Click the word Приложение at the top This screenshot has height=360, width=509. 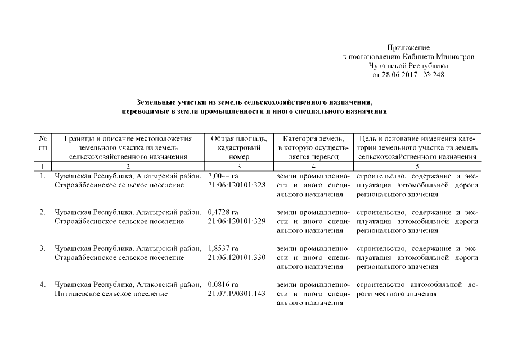tap(408, 48)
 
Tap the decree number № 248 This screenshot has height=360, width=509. tap(433, 75)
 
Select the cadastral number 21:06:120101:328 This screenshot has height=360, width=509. tap(236, 185)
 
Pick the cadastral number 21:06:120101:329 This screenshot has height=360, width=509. tap(236, 221)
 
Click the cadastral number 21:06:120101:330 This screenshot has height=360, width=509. tap(236, 257)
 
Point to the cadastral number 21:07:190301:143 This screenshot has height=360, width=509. tap(236, 293)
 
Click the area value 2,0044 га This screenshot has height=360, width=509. tap(223, 177)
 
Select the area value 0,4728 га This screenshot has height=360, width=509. tap(223, 213)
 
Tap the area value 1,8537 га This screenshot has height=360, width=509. tap(223, 249)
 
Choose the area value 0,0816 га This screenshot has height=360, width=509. tap(223, 285)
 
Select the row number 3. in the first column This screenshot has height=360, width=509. tap(43, 249)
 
